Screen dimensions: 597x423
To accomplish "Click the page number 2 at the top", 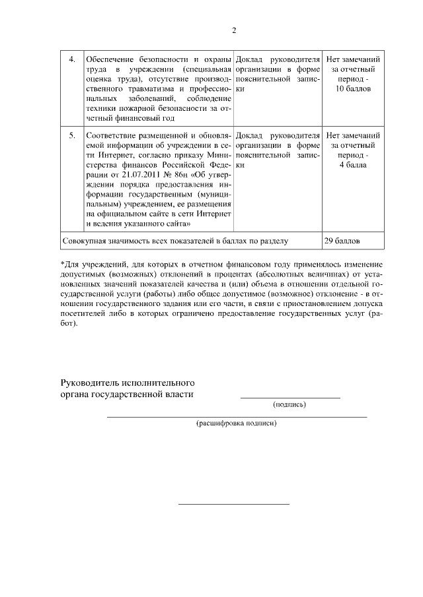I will (x=234, y=30).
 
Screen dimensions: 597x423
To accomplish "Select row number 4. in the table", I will (x=73, y=60).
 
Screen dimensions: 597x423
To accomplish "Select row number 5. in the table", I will (x=73, y=135).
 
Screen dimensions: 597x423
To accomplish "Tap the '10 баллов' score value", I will (x=354, y=88).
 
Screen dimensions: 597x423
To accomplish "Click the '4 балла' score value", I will (x=354, y=164).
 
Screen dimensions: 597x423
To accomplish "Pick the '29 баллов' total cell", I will (x=342, y=241).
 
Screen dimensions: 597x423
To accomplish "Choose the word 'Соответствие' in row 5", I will (x=112, y=135).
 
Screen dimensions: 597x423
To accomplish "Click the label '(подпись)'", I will (x=289, y=405).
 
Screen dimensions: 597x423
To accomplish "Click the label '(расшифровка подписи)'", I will (x=236, y=424).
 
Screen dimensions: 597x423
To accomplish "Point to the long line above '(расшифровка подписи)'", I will (x=237, y=417).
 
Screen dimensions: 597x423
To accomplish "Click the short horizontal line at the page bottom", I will (x=234, y=505).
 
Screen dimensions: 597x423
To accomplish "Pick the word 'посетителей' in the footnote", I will (x=84, y=315).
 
